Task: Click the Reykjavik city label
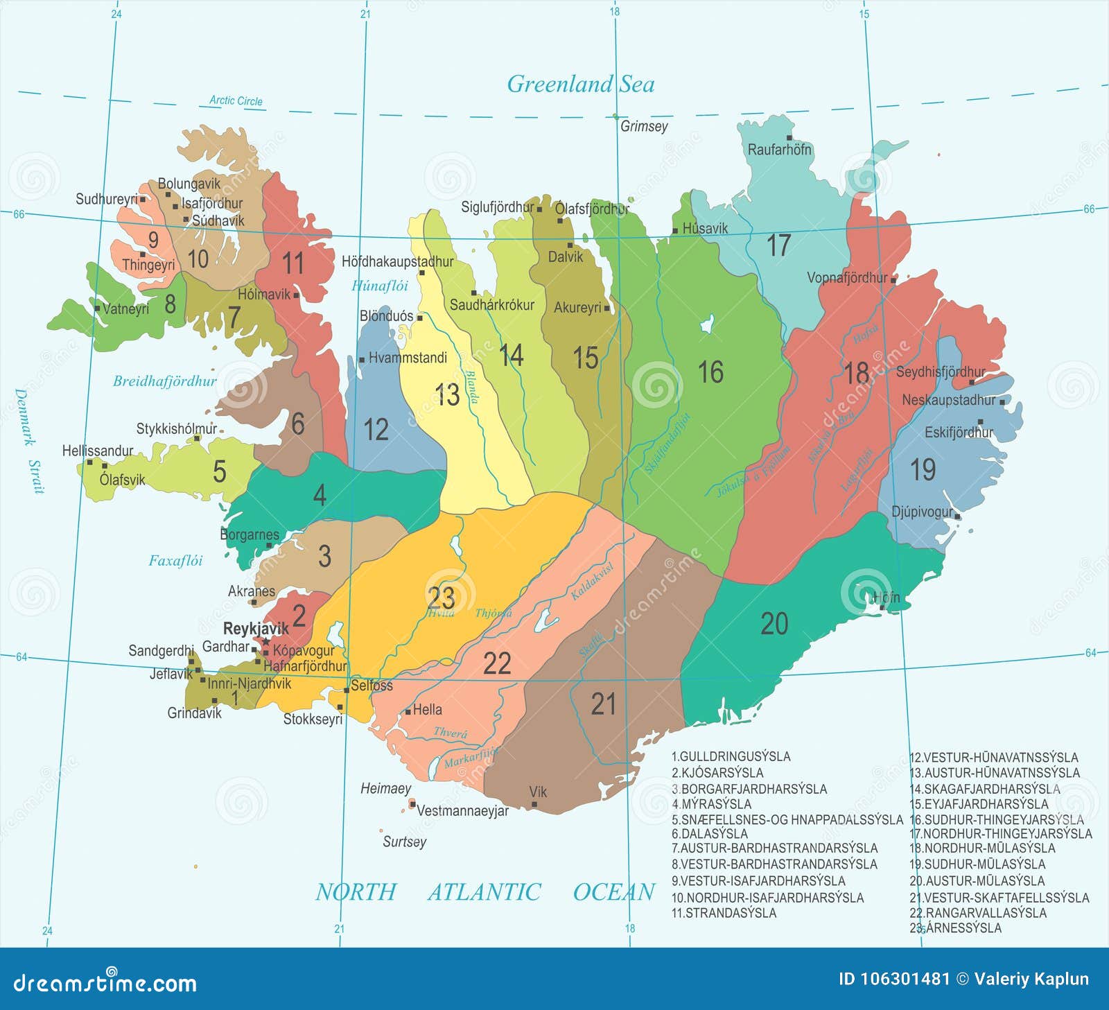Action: [x=255, y=629]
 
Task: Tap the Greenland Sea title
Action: [x=581, y=85]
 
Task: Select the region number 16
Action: [x=710, y=372]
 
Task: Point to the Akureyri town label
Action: [x=577, y=308]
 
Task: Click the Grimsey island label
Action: [x=644, y=126]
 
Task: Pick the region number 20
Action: [x=774, y=624]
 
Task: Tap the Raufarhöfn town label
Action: [x=778, y=150]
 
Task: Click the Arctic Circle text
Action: [x=236, y=101]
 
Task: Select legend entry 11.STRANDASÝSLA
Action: [x=724, y=913]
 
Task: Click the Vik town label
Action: [x=538, y=792]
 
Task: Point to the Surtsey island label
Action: [x=404, y=842]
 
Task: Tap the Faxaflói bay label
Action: [x=175, y=561]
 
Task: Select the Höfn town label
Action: [x=886, y=598]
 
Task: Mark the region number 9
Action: [x=153, y=239]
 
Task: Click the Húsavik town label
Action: [x=705, y=228]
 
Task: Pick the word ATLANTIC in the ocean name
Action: [x=484, y=892]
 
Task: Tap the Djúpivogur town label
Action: [x=922, y=512]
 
